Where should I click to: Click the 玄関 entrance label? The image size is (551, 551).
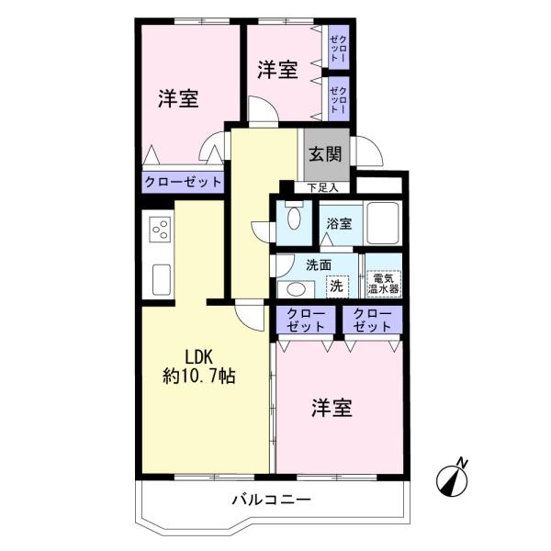click(325, 154)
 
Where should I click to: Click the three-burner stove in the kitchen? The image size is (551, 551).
click(160, 230)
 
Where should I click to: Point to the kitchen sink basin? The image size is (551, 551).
click(162, 280)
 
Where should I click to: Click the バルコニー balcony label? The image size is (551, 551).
click(271, 500)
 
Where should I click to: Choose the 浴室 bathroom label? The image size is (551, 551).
click(339, 223)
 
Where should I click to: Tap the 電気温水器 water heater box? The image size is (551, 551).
click(383, 284)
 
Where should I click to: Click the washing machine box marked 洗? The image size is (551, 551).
click(337, 287)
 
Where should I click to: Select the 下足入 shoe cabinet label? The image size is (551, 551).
click(322, 188)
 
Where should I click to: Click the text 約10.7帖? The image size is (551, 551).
click(199, 377)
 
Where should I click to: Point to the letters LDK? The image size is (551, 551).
click(199, 357)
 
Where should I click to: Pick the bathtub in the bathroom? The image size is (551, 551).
click(383, 223)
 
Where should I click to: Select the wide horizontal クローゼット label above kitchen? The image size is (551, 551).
click(183, 182)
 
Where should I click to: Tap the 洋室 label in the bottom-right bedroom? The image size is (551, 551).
click(332, 408)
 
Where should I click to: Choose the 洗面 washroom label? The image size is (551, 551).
click(319, 265)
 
